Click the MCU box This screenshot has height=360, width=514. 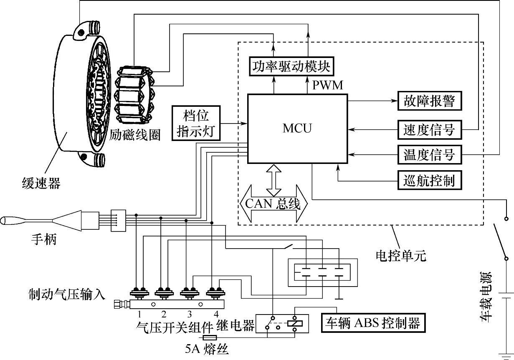coord(297,128)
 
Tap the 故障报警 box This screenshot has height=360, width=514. coord(429,101)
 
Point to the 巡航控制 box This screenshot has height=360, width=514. coord(429,181)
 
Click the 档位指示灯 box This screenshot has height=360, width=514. coord(195,123)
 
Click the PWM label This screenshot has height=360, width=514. coord(328,86)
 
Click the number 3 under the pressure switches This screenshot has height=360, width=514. coord(189,314)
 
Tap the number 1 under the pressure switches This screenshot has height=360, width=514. coord(139,314)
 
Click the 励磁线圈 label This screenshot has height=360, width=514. coord(135,135)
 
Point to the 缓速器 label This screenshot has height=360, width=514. coord(41,183)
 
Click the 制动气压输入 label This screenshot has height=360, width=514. coord(67,293)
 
